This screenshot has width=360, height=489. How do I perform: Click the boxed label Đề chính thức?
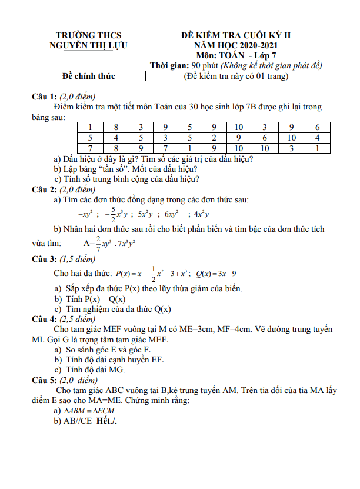(x=89, y=76)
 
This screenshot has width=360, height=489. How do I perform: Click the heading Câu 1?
(x=44, y=97)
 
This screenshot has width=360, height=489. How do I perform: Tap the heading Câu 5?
(x=44, y=380)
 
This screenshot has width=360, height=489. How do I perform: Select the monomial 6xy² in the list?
(x=172, y=214)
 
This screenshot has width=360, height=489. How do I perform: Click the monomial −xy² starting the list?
(x=86, y=214)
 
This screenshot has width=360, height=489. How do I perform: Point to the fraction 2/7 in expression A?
(x=98, y=242)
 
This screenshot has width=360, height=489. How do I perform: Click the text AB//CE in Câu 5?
(x=78, y=421)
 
